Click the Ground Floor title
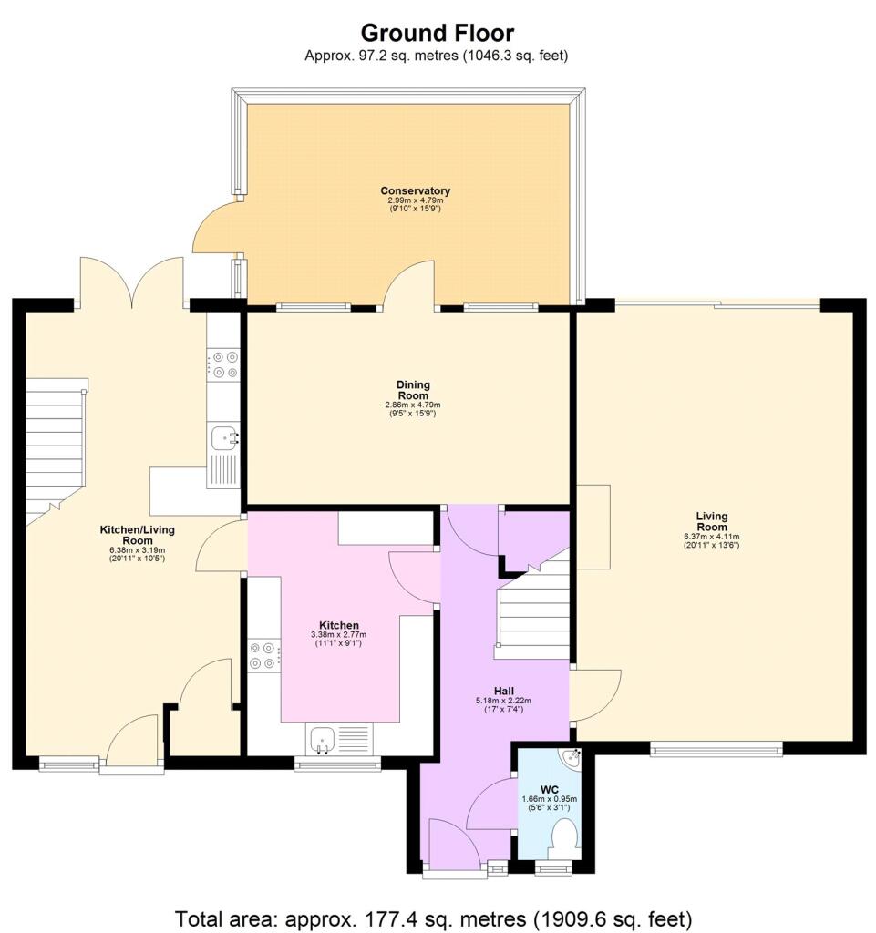tap(438, 33)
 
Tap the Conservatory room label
tap(416, 190)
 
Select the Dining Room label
tap(413, 390)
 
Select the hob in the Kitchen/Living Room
tap(223, 364)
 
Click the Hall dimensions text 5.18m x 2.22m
tap(503, 701)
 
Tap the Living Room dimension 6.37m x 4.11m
tap(712, 537)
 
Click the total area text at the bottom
tap(433, 918)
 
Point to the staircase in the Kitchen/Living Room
tap(55, 452)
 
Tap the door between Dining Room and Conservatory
tap(410, 285)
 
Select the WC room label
tap(551, 790)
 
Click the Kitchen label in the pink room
tap(339, 625)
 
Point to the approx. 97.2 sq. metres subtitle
tap(437, 56)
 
